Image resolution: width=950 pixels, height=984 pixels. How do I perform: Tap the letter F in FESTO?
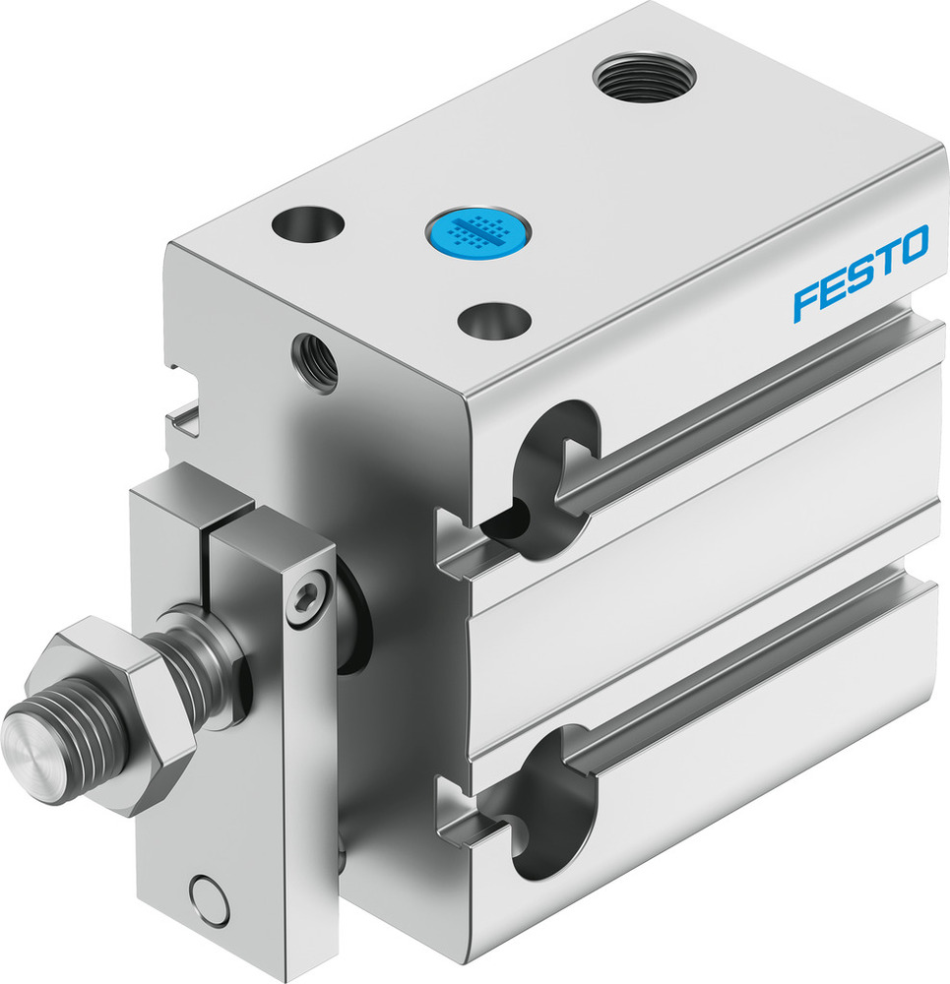(x=805, y=301)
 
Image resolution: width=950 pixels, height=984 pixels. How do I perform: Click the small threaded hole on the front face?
(x=314, y=362)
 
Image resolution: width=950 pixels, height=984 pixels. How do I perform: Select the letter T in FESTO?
(x=884, y=261)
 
